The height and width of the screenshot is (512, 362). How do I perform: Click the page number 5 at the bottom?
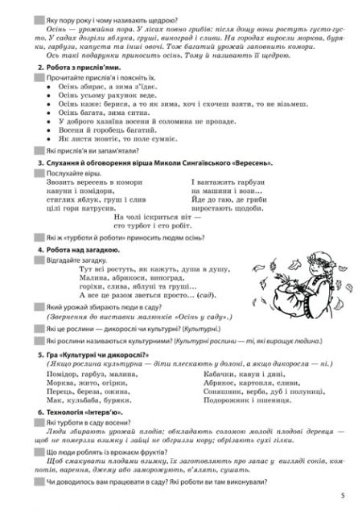(343, 495)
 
